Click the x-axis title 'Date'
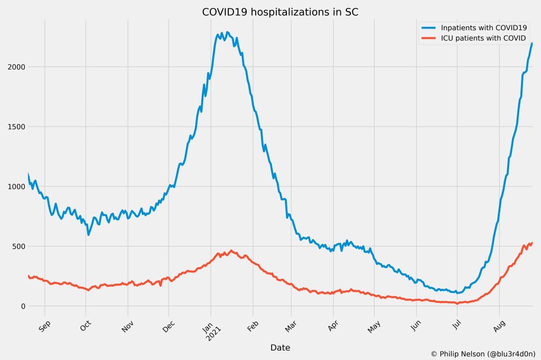tap(280, 347)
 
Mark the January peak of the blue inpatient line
tap(228, 32)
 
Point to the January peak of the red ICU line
tap(231, 251)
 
